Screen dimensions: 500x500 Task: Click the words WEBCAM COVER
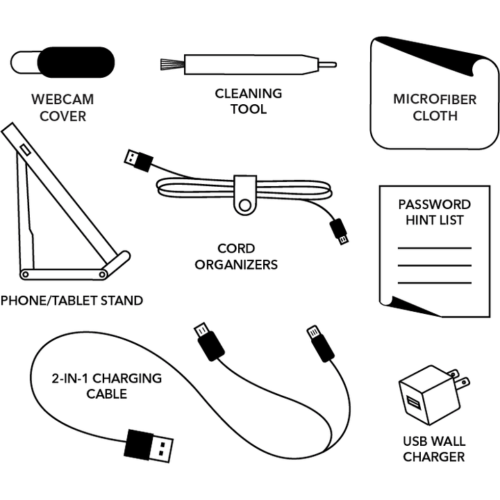click(62, 108)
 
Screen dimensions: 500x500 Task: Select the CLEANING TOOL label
click(248, 101)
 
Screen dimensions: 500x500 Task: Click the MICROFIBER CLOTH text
click(435, 108)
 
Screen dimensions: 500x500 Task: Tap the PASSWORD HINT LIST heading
click(434, 212)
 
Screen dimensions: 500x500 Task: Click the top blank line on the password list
click(434, 248)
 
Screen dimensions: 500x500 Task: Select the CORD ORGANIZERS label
click(235, 256)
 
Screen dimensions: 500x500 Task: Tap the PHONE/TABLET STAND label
click(72, 301)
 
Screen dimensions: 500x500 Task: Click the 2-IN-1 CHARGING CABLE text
click(106, 386)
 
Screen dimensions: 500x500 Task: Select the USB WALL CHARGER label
click(434, 449)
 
